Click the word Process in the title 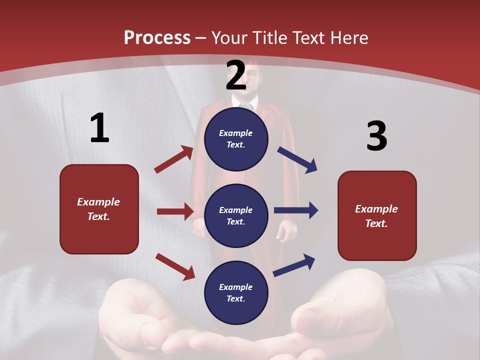(157, 38)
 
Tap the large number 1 (99, 128)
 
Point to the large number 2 (236, 75)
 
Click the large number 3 (376, 136)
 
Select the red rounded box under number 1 (99, 209)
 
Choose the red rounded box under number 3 (377, 215)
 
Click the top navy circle (236, 139)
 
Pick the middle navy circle (236, 215)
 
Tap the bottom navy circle (236, 292)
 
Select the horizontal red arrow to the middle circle (175, 211)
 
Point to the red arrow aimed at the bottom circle (175, 266)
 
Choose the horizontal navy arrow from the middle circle (296, 210)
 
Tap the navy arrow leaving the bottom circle (294, 265)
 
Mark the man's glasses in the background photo (253, 74)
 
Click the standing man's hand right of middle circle (287, 230)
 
